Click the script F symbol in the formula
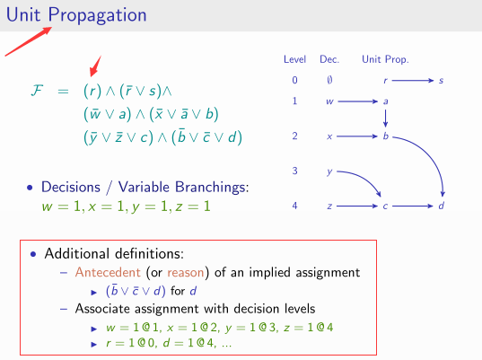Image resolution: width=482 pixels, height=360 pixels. coord(37,92)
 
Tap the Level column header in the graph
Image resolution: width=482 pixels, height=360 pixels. coord(295,60)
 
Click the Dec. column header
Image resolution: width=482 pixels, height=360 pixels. coord(329,60)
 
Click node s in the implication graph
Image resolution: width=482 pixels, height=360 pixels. coord(441,82)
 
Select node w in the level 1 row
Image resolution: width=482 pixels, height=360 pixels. coord(329,101)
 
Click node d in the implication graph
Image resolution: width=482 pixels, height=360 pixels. coord(441,207)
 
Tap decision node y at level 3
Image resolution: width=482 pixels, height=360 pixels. coord(329,171)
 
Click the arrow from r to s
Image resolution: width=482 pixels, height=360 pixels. coord(412,82)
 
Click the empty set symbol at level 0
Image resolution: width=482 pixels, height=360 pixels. coord(329,82)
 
